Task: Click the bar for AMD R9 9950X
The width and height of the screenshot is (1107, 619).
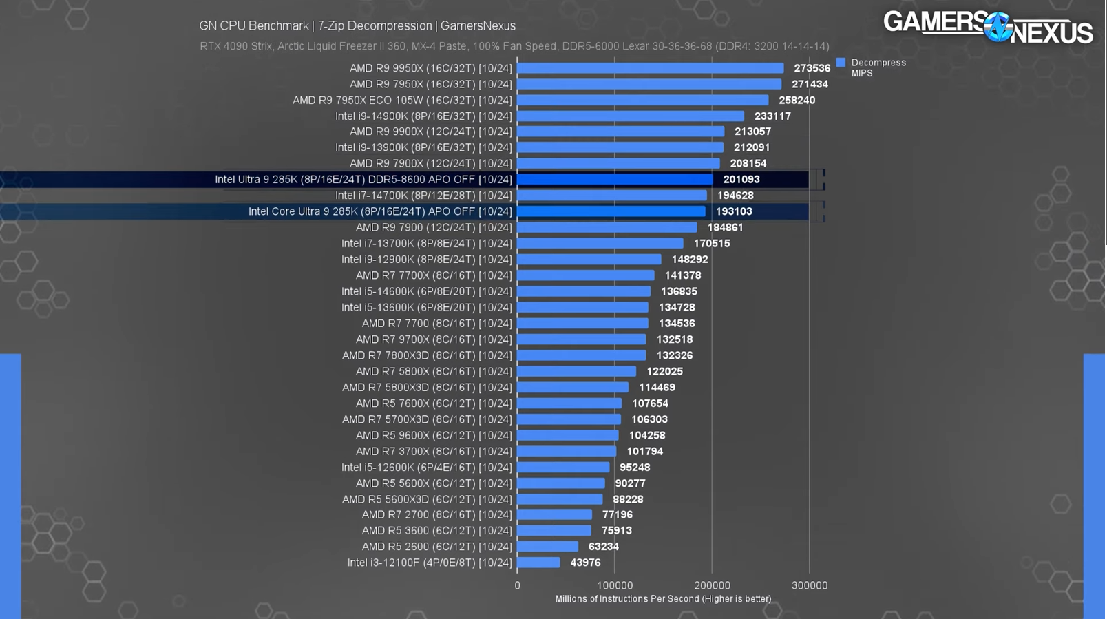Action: (650, 68)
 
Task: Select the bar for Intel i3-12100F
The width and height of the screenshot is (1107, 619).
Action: (538, 563)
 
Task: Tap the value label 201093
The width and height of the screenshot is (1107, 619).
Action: (741, 180)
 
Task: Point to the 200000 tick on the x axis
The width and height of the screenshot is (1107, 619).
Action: (712, 585)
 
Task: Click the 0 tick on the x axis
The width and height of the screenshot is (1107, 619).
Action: (517, 585)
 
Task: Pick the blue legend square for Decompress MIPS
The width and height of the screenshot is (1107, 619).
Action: (841, 63)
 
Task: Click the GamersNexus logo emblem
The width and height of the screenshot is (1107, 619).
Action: (997, 28)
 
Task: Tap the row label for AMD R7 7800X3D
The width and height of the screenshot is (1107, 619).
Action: (427, 355)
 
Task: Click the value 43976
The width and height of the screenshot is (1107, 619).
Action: (585, 563)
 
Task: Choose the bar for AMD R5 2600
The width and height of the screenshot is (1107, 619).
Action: (547, 547)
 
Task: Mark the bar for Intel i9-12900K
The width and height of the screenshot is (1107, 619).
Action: (589, 260)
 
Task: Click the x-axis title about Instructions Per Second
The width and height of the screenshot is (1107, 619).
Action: (663, 599)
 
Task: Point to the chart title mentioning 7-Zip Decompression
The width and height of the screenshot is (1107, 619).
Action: (357, 26)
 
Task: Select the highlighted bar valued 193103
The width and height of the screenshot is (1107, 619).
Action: (611, 211)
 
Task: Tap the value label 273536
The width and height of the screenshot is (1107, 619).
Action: (812, 68)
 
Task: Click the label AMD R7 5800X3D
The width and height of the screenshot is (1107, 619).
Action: (427, 388)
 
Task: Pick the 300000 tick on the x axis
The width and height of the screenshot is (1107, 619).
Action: (810, 585)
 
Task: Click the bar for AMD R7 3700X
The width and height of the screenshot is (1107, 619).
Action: (566, 452)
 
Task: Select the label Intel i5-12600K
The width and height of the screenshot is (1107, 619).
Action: (427, 468)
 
